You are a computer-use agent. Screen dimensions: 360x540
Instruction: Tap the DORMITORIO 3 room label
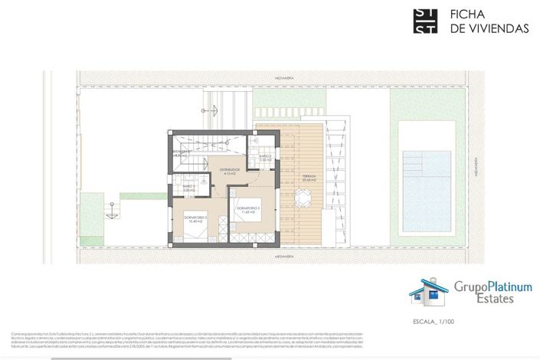click(249, 208)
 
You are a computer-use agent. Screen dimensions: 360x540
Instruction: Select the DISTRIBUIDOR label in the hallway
click(230, 170)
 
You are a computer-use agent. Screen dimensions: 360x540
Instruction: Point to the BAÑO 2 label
click(265, 158)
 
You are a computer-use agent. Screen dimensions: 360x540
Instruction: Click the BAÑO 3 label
click(188, 188)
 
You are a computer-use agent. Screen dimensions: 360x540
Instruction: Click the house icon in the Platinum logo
click(429, 292)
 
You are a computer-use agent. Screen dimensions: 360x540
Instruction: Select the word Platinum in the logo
click(506, 287)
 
